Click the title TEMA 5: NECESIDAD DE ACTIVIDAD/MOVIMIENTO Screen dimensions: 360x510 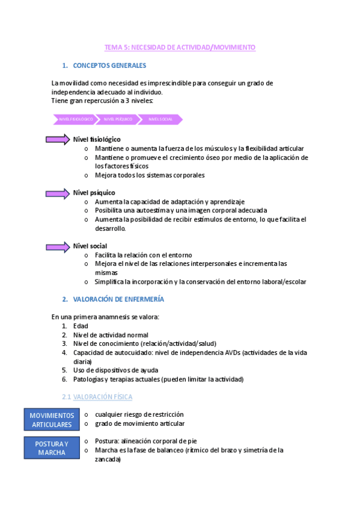[180, 47]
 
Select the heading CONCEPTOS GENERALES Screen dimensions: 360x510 [109, 65]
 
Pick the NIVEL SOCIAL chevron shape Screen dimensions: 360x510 [160, 120]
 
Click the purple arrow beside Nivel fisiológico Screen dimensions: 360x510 [58, 140]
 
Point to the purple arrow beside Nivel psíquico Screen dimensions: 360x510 [58, 193]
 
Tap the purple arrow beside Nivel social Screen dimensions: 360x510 [58, 247]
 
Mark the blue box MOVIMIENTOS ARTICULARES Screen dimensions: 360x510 [52, 420]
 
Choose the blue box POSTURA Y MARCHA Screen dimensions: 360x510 [52, 448]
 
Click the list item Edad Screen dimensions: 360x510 [81, 326]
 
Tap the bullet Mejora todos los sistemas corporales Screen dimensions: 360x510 [150, 175]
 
